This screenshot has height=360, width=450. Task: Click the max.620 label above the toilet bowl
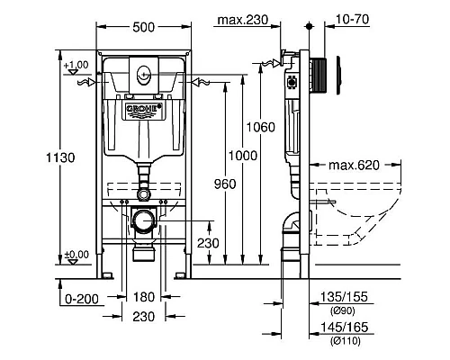point(352,165)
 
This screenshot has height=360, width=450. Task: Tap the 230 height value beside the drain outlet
point(207,241)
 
